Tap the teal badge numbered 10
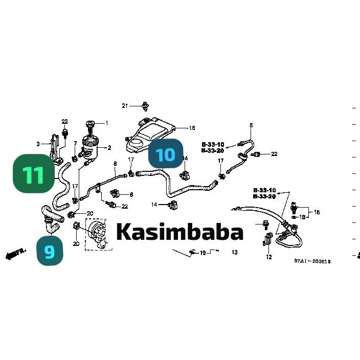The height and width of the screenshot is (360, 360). coord(166,154)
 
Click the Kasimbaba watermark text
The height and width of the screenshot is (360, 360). coord(179,232)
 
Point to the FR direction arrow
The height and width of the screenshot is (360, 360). coord(15,254)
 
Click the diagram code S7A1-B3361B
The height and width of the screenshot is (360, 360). coord(312,261)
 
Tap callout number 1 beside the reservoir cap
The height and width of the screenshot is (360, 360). coord(107,123)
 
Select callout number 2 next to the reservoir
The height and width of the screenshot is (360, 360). coord(109,148)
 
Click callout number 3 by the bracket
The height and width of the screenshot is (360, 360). coord(37,144)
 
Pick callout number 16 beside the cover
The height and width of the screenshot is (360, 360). coord(192,128)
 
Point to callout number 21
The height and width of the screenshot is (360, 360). coord(124,106)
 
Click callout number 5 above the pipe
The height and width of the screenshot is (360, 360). coord(251,125)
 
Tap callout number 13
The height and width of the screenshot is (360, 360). coord(235,253)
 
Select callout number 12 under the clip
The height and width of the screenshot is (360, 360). coord(269,257)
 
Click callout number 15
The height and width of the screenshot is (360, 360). coord(317,212)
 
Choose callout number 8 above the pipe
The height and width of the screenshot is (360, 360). coord(115,164)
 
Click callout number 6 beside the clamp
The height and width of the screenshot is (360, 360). coord(131,195)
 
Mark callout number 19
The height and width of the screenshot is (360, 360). coord(202,253)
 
